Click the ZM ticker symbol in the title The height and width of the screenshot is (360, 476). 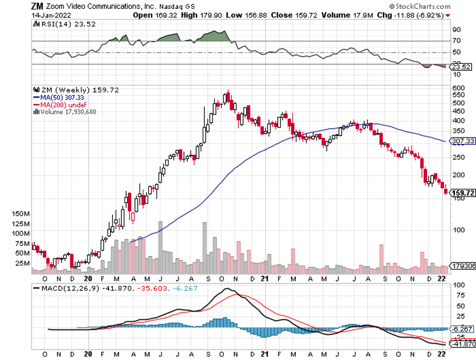point(37,6)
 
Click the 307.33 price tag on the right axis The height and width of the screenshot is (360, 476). point(463,141)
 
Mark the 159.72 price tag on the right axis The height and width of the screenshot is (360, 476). point(463,193)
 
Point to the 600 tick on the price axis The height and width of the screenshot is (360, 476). point(458,88)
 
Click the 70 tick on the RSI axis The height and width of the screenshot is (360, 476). point(456,41)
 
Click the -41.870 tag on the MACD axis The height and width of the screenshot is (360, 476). point(463,343)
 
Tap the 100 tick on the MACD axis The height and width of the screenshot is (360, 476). point(458,286)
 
